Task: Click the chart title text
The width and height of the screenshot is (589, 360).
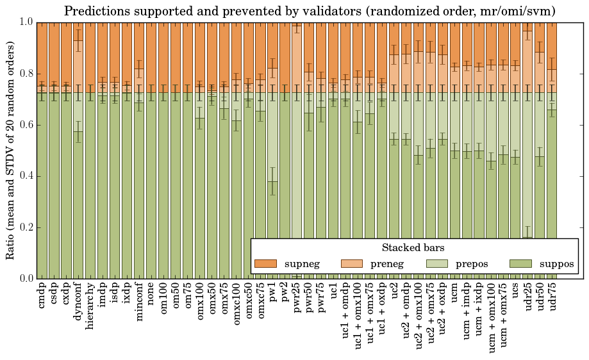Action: click(310, 11)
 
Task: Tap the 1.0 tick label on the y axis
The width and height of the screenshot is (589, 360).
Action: click(25, 22)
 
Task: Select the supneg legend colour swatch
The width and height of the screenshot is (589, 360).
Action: click(265, 263)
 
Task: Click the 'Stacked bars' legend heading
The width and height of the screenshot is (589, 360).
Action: click(413, 247)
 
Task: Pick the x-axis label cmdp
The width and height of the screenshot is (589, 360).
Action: click(42, 295)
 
